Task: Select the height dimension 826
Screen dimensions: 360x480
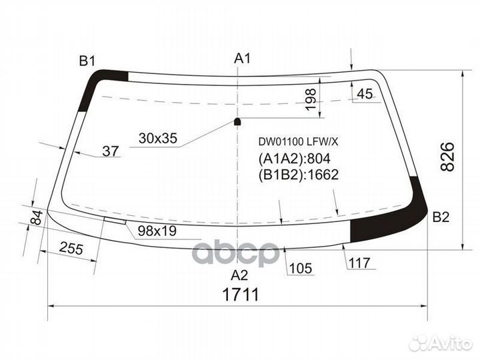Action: click(x=447, y=156)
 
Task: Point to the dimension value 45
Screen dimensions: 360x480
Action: click(x=365, y=94)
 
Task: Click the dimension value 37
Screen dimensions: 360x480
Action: click(x=111, y=151)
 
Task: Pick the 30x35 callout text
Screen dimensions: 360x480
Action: click(x=158, y=138)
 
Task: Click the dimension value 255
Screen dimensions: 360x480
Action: click(x=71, y=249)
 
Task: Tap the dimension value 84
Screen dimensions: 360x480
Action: click(x=36, y=217)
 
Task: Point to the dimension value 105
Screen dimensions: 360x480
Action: click(x=301, y=268)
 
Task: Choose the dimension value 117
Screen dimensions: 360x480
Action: click(x=359, y=263)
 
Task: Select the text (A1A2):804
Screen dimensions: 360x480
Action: click(x=294, y=159)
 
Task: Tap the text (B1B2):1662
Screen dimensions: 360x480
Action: click(x=298, y=175)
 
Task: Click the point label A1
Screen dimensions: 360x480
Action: click(x=242, y=59)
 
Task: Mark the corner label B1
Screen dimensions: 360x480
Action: click(x=88, y=61)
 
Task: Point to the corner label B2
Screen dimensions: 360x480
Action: click(x=441, y=217)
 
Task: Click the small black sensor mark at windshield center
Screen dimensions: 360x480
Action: click(x=238, y=121)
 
